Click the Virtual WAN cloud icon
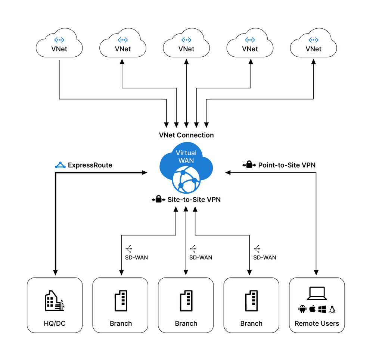click(x=186, y=168)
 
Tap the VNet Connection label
click(x=186, y=135)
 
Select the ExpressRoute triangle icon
click(x=60, y=165)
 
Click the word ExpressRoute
click(x=90, y=165)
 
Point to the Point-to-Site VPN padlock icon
click(x=249, y=165)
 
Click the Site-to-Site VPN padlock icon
click(x=158, y=200)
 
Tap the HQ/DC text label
click(x=55, y=323)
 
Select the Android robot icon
click(x=302, y=309)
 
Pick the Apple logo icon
click(x=313, y=309)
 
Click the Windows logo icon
click(x=322, y=309)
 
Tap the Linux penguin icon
click(x=332, y=309)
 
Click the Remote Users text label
click(x=317, y=323)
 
